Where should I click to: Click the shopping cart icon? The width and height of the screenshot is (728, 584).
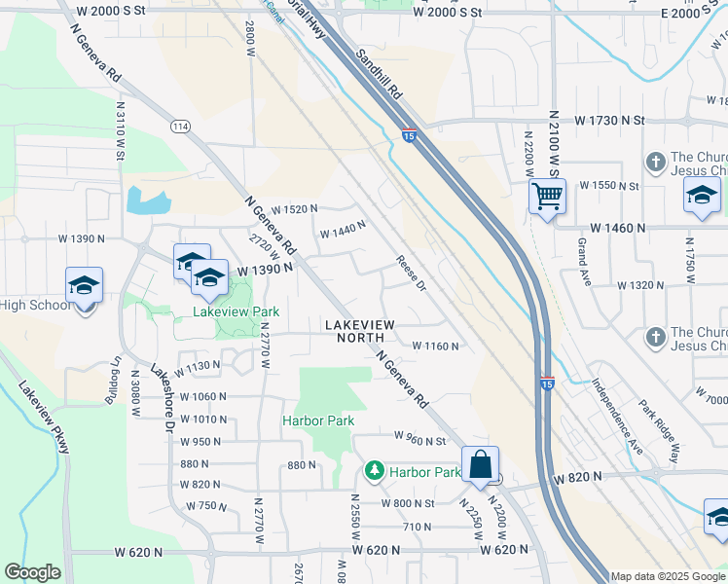(x=547, y=198)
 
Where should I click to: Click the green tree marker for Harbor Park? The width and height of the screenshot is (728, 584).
(x=374, y=471)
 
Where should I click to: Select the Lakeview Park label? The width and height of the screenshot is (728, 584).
(x=237, y=311)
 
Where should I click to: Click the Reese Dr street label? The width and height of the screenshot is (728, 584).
(x=412, y=273)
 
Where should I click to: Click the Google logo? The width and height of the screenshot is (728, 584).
(x=32, y=572)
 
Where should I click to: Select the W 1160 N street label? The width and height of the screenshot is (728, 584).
(x=435, y=346)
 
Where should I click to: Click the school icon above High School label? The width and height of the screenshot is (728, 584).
(x=85, y=286)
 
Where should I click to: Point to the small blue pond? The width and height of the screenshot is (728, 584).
(x=148, y=201)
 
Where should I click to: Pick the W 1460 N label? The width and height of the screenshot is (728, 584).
(x=610, y=228)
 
